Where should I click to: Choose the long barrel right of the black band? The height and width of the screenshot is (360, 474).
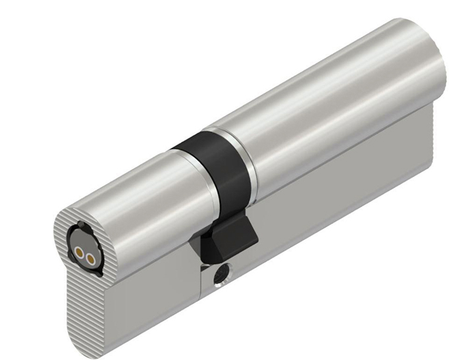tap(329, 99)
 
